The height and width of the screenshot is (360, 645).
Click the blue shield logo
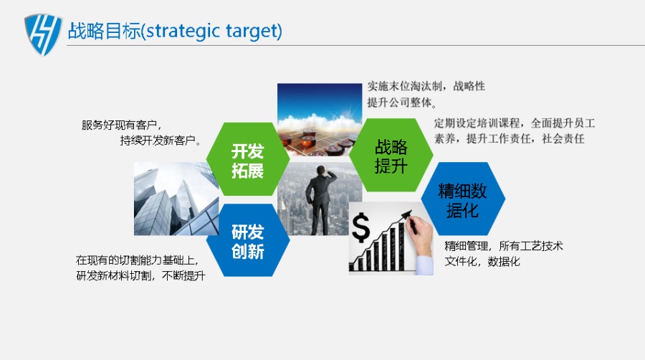tap(43, 34)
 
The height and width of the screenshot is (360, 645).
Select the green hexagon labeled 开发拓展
tap(248, 158)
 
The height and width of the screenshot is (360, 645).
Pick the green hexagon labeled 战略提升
tap(391, 155)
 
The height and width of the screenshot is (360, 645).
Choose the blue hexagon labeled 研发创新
tap(248, 240)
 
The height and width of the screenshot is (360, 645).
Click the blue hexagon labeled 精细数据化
tap(463, 199)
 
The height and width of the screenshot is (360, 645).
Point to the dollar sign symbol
tap(360, 228)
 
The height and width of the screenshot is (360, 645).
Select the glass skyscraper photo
tap(176, 199)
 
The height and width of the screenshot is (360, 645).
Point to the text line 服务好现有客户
tap(121, 125)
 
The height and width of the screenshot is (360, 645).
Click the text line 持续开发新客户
tap(161, 141)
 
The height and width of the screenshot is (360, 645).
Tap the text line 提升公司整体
tap(401, 103)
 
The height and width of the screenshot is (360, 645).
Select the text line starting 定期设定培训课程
tap(514, 123)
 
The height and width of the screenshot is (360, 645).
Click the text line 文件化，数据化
tap(482, 262)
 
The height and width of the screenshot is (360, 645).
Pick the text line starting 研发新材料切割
tap(140, 275)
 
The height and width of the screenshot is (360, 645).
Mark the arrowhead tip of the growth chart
tap(411, 212)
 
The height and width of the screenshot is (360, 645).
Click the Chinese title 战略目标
tap(104, 32)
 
